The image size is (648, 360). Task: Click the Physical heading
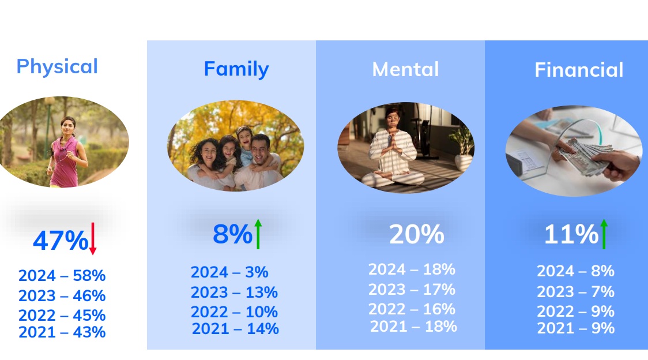(x=57, y=67)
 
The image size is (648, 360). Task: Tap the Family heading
(x=236, y=69)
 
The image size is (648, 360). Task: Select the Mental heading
(x=405, y=69)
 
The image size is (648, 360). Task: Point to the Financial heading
(x=579, y=69)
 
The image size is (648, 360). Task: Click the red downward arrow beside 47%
(x=93, y=238)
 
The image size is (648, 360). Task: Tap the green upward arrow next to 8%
(x=258, y=234)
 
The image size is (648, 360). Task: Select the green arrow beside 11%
(x=604, y=234)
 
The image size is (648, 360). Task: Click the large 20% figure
(x=417, y=234)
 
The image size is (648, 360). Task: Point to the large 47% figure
(x=61, y=241)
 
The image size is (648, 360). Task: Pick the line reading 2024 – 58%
(x=62, y=276)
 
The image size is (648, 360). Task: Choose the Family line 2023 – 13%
(x=234, y=292)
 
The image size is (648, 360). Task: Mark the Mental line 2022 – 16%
(x=412, y=309)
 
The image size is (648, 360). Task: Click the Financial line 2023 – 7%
(x=576, y=292)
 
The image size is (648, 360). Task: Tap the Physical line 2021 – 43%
(x=62, y=332)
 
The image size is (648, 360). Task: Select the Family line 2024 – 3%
(x=229, y=272)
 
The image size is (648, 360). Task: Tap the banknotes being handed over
(x=588, y=157)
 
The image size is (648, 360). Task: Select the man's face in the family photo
(x=261, y=149)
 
